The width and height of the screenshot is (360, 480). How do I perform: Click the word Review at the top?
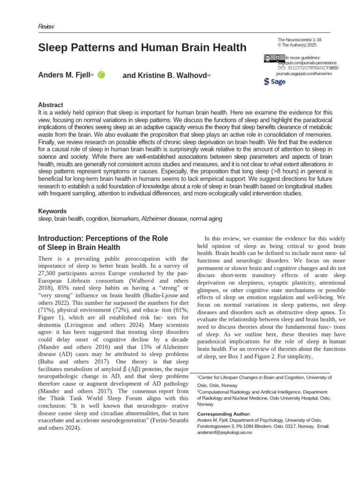click(x=46, y=26)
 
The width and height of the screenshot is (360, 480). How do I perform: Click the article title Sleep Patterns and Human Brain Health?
click(x=142, y=47)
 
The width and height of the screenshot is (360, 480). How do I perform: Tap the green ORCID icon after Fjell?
click(x=102, y=75)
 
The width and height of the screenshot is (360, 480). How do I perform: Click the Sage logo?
click(x=275, y=82)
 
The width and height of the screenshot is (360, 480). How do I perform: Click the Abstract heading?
click(x=50, y=105)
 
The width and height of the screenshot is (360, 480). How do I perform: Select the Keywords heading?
click(x=52, y=211)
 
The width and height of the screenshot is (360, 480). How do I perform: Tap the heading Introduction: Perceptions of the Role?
click(x=103, y=239)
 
